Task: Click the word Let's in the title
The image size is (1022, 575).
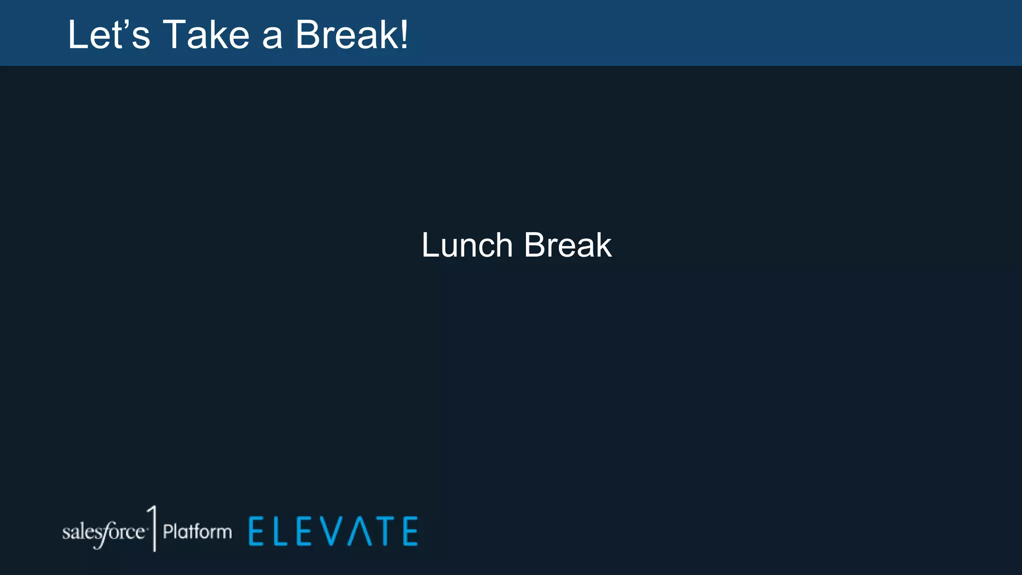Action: click(x=109, y=35)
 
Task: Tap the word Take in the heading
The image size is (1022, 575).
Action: click(x=206, y=35)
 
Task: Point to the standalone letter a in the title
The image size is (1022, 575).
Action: click(x=272, y=37)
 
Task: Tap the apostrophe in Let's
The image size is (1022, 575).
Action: click(x=125, y=24)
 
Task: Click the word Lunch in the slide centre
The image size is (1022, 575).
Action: click(x=467, y=245)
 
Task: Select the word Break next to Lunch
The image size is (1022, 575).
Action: click(x=568, y=245)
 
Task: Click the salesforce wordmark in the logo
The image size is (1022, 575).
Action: click(x=104, y=533)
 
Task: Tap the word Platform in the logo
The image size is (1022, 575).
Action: click(x=198, y=532)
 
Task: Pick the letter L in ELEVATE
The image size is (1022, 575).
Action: click(x=279, y=531)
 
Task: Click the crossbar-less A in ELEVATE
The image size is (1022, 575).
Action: click(x=360, y=531)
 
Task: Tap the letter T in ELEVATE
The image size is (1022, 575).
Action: click(x=385, y=531)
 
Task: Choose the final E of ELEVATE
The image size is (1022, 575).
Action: click(x=410, y=531)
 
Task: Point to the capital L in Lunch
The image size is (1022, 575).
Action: click(x=430, y=245)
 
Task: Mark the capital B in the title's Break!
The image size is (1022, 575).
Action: click(x=307, y=35)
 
